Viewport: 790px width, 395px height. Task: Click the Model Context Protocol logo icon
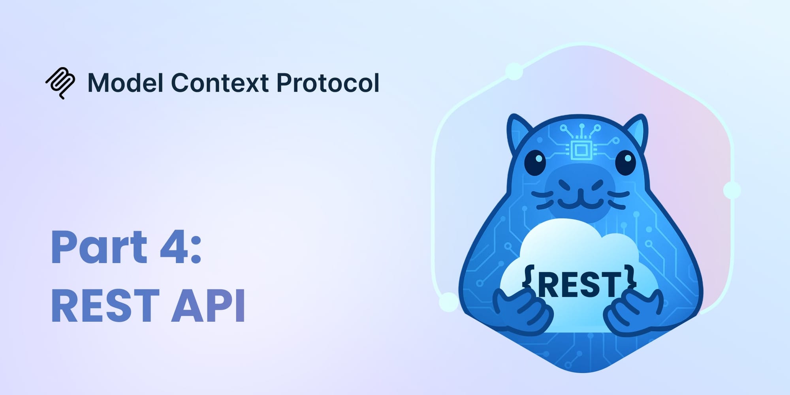click(60, 83)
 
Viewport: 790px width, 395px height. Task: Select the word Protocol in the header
click(327, 83)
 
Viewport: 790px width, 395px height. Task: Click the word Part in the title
click(99, 247)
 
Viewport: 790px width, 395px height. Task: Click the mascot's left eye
click(535, 162)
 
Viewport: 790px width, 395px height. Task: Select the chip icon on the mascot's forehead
click(580, 149)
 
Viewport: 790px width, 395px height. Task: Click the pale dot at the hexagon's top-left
click(514, 71)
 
